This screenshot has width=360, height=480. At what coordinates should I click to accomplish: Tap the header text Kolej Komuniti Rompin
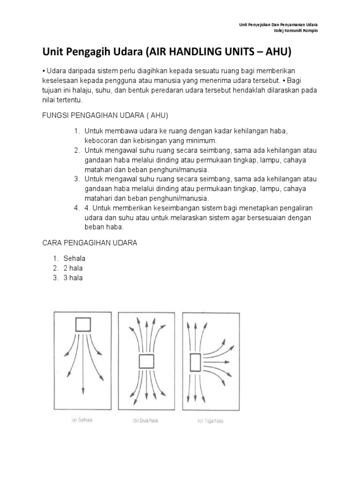(x=298, y=30)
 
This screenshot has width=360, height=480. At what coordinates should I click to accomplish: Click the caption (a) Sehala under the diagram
(x=82, y=420)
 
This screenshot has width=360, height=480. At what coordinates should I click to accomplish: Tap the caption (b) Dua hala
(x=145, y=420)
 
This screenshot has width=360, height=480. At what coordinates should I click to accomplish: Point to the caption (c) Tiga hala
(x=210, y=421)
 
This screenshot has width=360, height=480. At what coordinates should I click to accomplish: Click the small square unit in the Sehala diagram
(x=83, y=324)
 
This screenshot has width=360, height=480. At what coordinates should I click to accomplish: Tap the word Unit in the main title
(x=54, y=52)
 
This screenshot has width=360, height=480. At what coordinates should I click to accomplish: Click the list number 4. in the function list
(x=77, y=208)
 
